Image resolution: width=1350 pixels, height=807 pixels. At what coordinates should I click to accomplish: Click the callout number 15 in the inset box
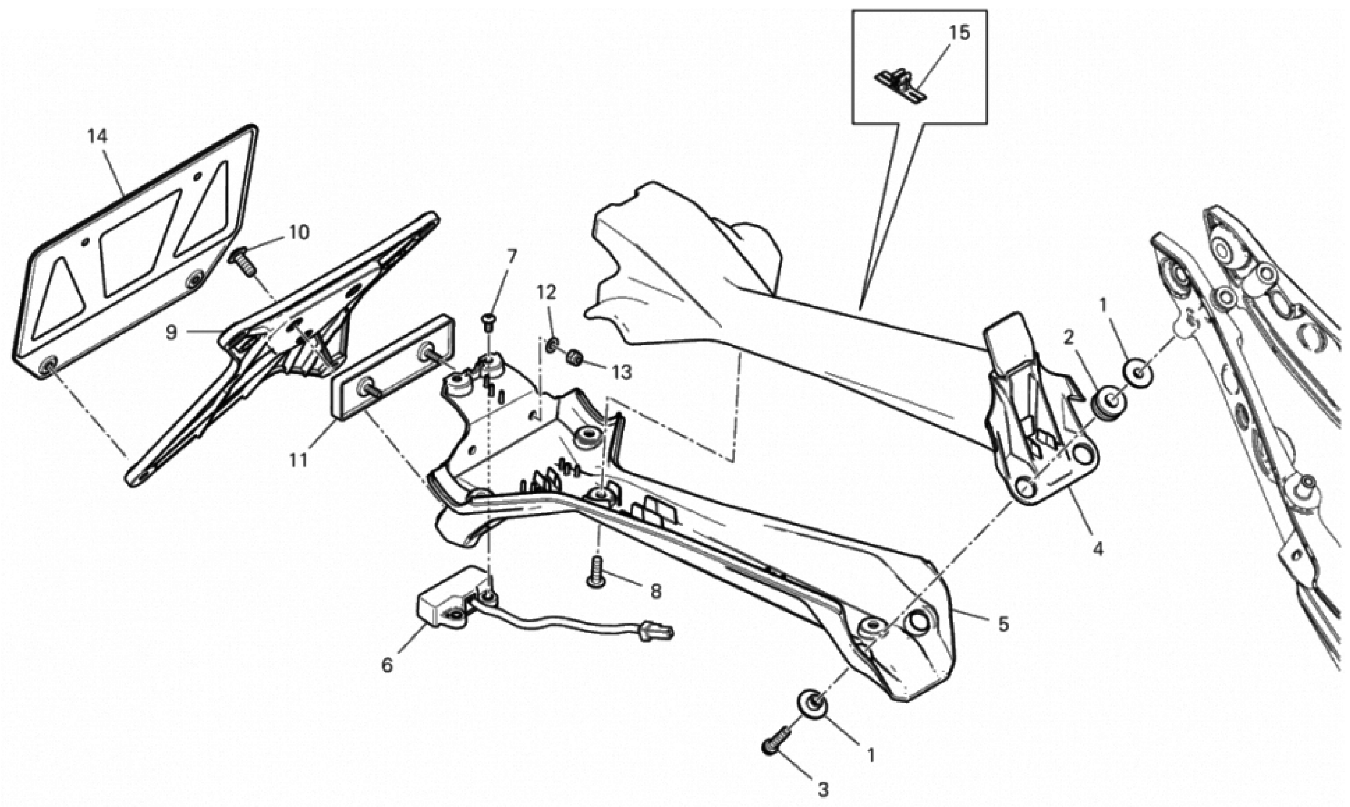click(x=959, y=33)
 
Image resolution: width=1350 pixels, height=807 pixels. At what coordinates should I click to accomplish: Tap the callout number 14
click(x=98, y=136)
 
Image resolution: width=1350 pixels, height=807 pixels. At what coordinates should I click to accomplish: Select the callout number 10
click(x=299, y=233)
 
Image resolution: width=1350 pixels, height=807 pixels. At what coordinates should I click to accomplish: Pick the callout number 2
click(x=1069, y=338)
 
